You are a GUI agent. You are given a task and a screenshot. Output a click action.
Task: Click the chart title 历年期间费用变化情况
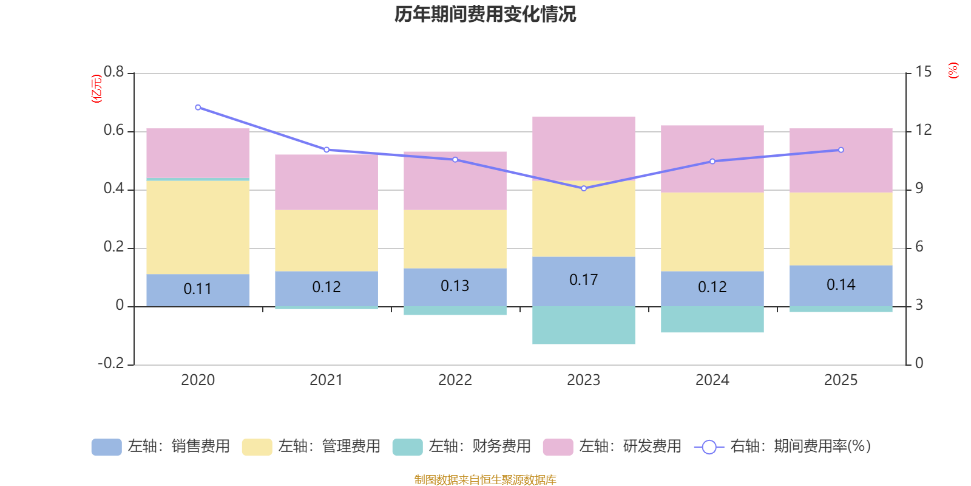pyautogui.click(x=485, y=15)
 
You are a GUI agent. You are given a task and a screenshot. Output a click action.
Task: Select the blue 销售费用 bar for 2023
pyautogui.click(x=583, y=282)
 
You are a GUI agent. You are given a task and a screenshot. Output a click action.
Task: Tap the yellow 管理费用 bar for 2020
pyautogui.click(x=198, y=227)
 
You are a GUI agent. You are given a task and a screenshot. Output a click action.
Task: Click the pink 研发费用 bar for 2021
pyautogui.click(x=326, y=182)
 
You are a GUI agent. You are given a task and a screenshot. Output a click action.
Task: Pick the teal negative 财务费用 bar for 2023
pyautogui.click(x=583, y=326)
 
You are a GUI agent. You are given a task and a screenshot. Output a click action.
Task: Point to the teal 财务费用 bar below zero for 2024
pyautogui.click(x=712, y=320)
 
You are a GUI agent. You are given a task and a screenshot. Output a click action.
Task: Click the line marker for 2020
pyautogui.click(x=198, y=107)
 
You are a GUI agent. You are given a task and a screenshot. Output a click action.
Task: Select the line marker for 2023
pyautogui.click(x=584, y=188)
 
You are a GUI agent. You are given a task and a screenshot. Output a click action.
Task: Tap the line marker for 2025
pyautogui.click(x=841, y=149)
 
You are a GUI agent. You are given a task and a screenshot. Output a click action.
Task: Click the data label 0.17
pyautogui.click(x=583, y=280)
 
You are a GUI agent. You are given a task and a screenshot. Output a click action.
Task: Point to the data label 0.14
pyautogui.click(x=841, y=285)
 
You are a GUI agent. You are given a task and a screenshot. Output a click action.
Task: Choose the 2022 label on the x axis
pyautogui.click(x=455, y=380)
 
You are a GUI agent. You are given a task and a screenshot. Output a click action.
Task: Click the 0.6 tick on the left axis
pyautogui.click(x=113, y=130)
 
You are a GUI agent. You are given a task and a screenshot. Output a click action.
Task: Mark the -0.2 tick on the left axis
pyautogui.click(x=111, y=363)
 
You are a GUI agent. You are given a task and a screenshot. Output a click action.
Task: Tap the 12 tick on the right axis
pyautogui.click(x=923, y=130)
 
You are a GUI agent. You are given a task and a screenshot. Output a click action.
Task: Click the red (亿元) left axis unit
pyautogui.click(x=96, y=89)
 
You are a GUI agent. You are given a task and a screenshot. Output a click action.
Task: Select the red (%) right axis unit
pyautogui.click(x=953, y=70)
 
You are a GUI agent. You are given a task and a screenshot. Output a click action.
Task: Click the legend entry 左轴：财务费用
pyautogui.click(x=462, y=447)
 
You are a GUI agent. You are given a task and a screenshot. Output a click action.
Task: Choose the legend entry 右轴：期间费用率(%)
pyautogui.click(x=782, y=447)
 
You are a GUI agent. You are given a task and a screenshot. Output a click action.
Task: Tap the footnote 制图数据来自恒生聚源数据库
pyautogui.click(x=485, y=479)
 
